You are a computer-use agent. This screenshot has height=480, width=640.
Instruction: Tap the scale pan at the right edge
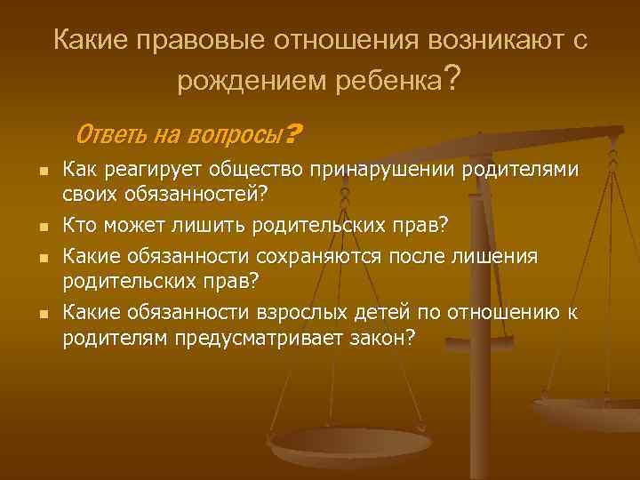(x=591, y=412)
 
